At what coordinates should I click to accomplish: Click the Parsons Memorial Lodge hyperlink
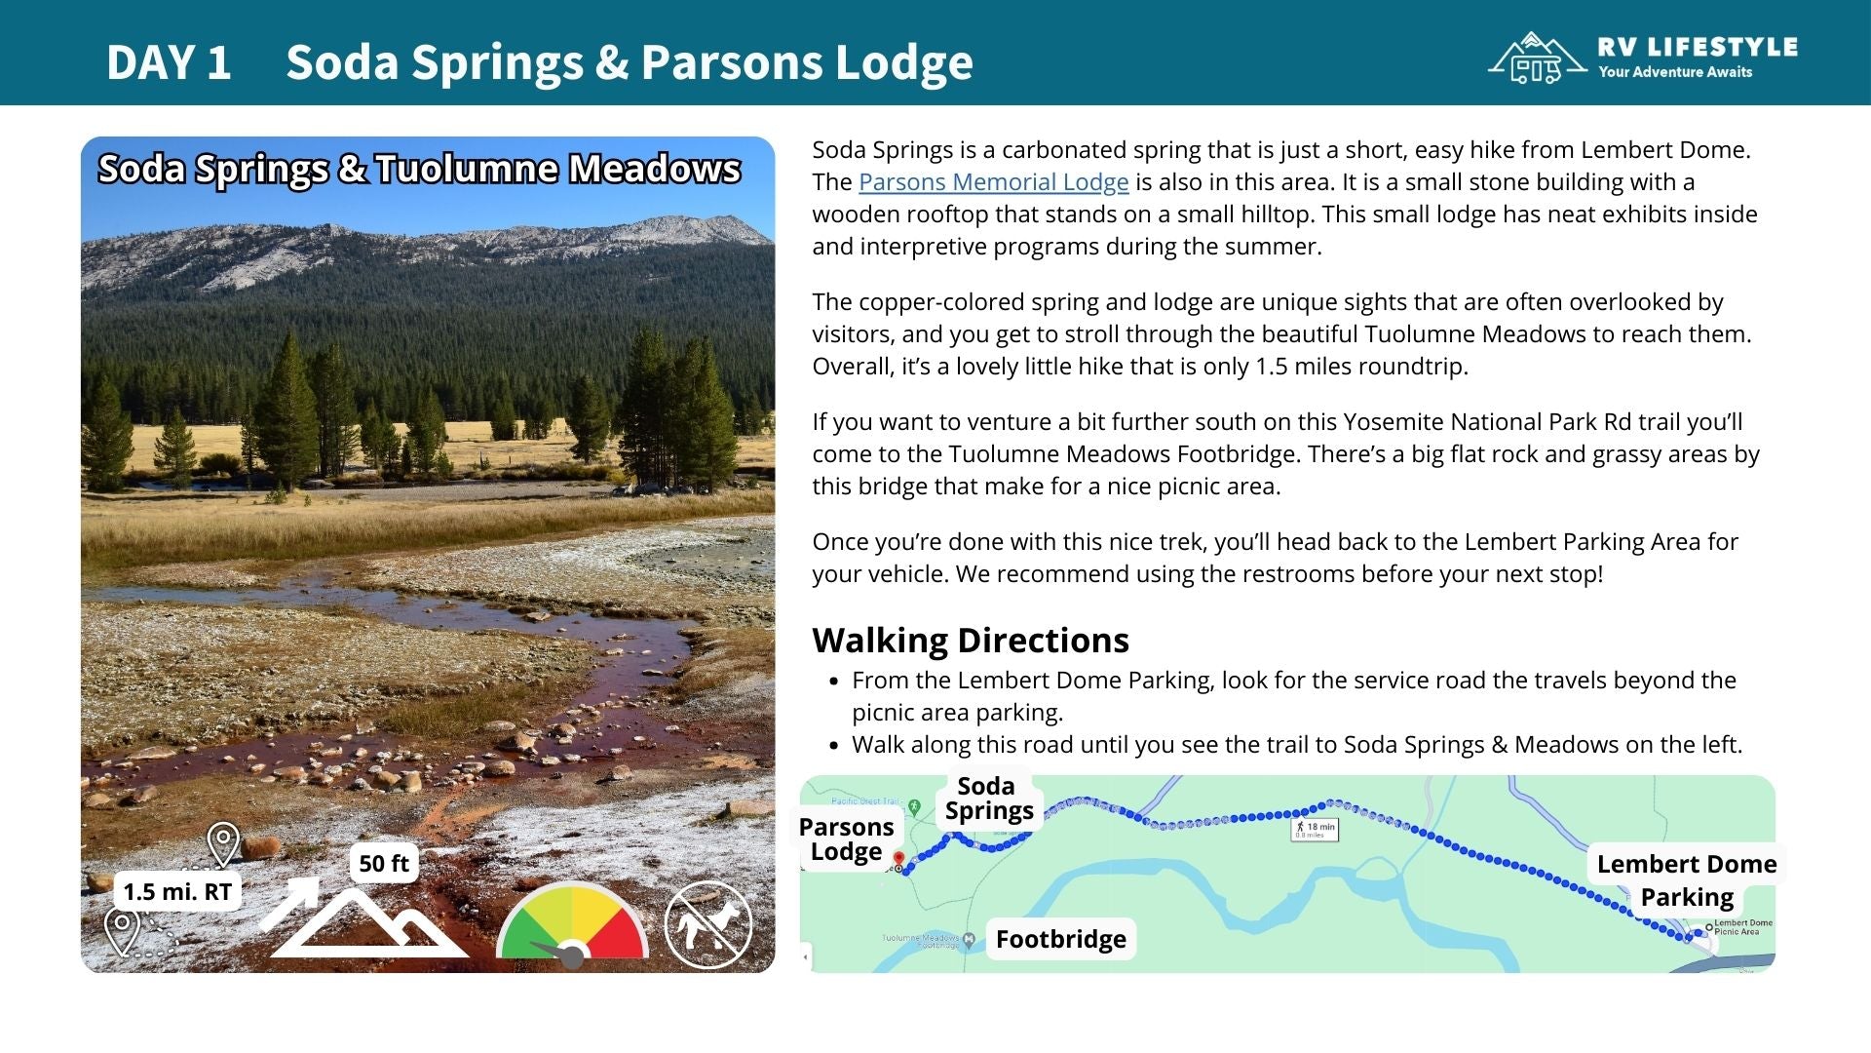pyautogui.click(x=993, y=182)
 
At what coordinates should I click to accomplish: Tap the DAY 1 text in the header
pyautogui.click(x=169, y=62)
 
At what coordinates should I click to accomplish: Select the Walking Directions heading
pyautogui.click(x=970, y=640)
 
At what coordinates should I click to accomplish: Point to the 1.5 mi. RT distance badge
pyautogui.click(x=177, y=891)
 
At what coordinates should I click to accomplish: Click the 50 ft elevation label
pyautogui.click(x=383, y=863)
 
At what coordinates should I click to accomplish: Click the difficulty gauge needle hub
pyautogui.click(x=572, y=955)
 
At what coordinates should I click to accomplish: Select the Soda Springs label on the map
pyautogui.click(x=987, y=799)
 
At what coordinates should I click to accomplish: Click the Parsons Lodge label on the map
pyautogui.click(x=846, y=839)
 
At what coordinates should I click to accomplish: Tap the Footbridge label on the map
pyautogui.click(x=1060, y=939)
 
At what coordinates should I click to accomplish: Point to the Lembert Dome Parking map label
pyautogui.click(x=1686, y=879)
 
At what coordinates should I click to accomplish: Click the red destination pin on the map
pyautogui.click(x=898, y=859)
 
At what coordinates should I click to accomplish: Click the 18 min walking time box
pyautogui.click(x=1314, y=829)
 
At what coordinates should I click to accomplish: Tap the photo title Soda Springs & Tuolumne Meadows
pyautogui.click(x=419, y=169)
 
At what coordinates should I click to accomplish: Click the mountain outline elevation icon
pyautogui.click(x=365, y=924)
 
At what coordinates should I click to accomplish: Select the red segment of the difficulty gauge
pyautogui.click(x=620, y=926)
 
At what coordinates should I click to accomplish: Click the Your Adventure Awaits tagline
pyautogui.click(x=1674, y=72)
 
